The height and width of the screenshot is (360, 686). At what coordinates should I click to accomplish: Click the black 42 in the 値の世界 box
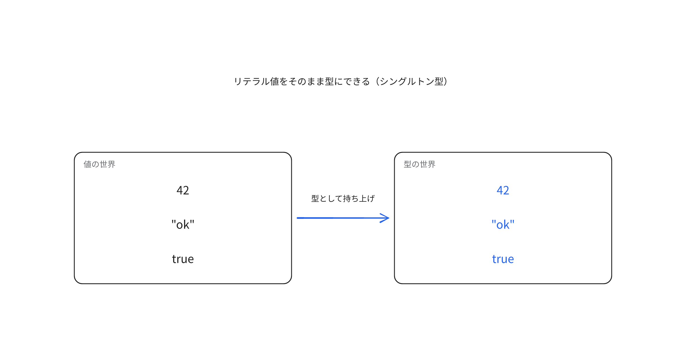183,190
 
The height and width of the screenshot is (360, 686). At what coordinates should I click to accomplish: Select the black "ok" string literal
183,225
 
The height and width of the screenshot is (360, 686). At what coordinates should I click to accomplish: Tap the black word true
183,259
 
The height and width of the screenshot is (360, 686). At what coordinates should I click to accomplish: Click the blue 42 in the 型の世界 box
503,190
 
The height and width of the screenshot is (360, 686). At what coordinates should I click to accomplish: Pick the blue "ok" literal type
503,225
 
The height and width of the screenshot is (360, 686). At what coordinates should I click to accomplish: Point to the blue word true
503,259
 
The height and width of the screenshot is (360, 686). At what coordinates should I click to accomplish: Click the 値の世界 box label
99,164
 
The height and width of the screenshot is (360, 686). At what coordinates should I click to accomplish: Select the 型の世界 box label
420,164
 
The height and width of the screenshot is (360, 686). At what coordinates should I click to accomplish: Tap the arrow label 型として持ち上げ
343,198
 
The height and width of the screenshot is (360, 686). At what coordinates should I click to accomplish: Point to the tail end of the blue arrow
298,218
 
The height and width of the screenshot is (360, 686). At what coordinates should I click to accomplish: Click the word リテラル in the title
252,81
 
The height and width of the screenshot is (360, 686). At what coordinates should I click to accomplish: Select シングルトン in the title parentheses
407,81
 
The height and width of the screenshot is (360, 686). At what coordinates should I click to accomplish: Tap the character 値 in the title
274,81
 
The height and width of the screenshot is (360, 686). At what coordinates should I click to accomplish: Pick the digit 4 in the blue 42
500,190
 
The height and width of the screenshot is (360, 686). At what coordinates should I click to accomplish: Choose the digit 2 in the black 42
186,190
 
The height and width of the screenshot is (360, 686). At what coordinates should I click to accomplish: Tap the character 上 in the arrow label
363,198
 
